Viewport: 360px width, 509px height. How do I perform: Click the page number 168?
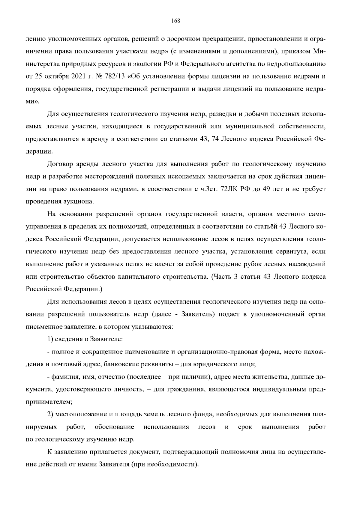pos(175,21)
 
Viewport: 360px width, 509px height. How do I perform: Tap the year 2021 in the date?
pos(79,76)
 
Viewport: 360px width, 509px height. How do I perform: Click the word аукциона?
pos(80,202)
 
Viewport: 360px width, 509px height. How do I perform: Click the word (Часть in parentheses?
pos(221,277)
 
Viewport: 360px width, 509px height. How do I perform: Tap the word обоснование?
pos(114,427)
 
